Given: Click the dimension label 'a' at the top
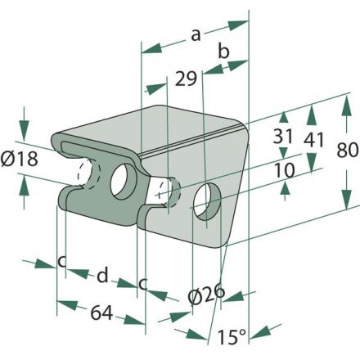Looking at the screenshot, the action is coord(196,35).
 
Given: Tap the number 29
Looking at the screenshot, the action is coord(186,79).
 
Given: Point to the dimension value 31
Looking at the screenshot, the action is coord(283,136).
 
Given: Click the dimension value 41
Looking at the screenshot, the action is coord(314,140).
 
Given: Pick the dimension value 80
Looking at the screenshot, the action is coord(347,151).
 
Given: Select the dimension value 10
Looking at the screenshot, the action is coord(285,170).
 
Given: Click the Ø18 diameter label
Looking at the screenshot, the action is coord(19,160).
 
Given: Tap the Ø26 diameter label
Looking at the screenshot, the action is coord(206,295).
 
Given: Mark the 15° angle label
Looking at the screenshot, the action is coord(232,337).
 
